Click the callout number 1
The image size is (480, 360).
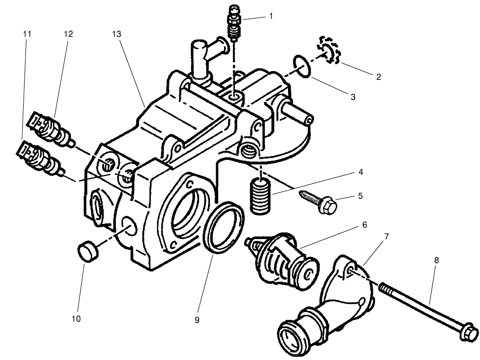271,16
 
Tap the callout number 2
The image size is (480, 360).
378,76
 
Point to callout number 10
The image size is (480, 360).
77,319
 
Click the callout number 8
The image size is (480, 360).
436,260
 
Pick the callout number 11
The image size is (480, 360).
27,34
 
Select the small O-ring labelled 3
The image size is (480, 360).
302,66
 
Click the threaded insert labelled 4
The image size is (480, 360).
259,195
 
